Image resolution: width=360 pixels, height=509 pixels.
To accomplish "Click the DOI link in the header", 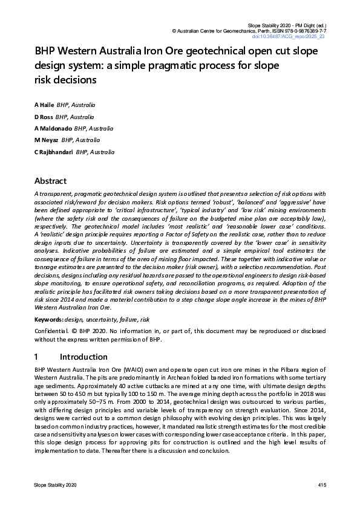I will pyautogui.click(x=296, y=37).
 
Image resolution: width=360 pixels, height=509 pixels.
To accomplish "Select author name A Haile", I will pyautogui.click(x=44, y=105).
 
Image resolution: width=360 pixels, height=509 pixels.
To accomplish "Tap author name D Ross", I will pyautogui.click(x=44, y=117).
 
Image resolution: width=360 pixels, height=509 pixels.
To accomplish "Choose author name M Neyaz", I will pyautogui.click(x=45, y=140).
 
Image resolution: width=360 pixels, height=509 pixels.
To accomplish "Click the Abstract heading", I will pyautogui.click(x=50, y=181).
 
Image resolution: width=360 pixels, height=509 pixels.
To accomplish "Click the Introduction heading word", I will pyautogui.click(x=83, y=357).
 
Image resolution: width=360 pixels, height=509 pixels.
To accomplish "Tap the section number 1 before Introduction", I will pyautogui.click(x=37, y=357).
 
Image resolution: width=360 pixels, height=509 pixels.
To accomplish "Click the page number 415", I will pyautogui.click(x=322, y=485).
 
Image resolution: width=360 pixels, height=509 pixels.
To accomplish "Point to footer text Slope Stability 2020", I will pyautogui.click(x=55, y=485).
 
